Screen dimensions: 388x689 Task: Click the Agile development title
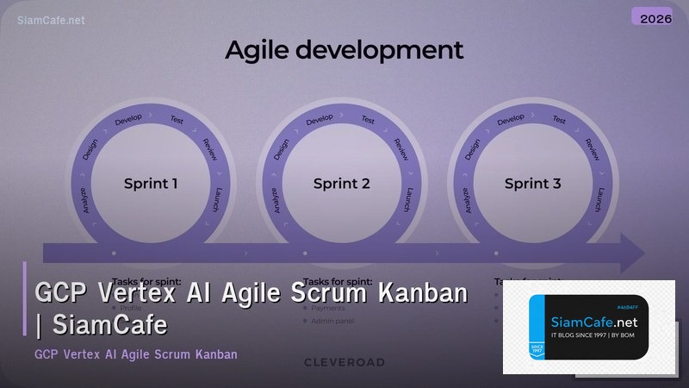point(344,49)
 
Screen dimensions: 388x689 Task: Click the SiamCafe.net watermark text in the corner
point(51,20)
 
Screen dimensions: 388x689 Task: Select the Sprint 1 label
point(151,183)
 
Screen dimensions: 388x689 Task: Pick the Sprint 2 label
point(341,183)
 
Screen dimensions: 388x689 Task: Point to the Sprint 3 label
point(532,183)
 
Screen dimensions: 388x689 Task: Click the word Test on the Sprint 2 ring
point(368,120)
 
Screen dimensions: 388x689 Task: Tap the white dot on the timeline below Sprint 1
point(114,253)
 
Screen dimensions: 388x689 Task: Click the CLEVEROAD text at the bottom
point(344,362)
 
